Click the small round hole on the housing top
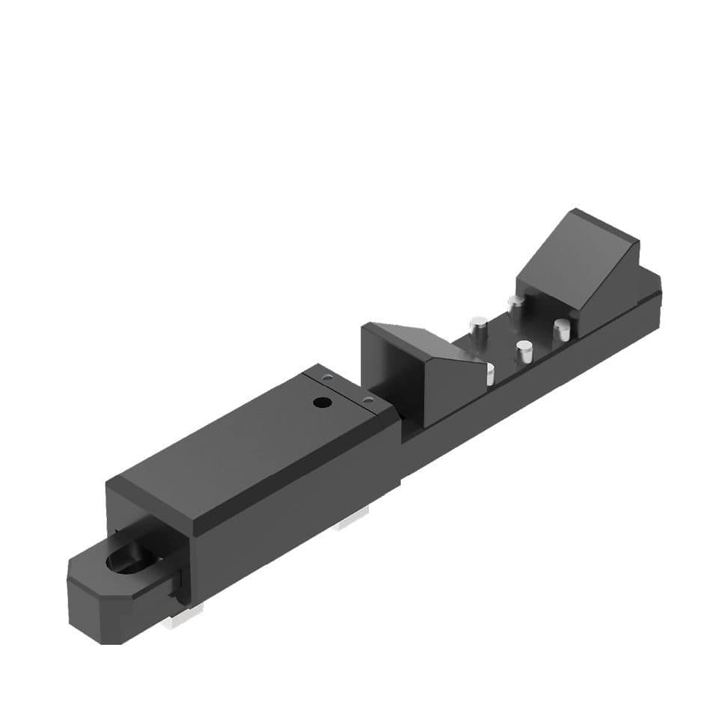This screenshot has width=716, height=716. pos(322,403)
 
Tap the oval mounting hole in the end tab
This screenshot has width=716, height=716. pos(126,560)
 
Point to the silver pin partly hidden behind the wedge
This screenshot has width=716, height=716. pos(490,373)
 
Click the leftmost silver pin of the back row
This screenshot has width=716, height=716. pos(477,326)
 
